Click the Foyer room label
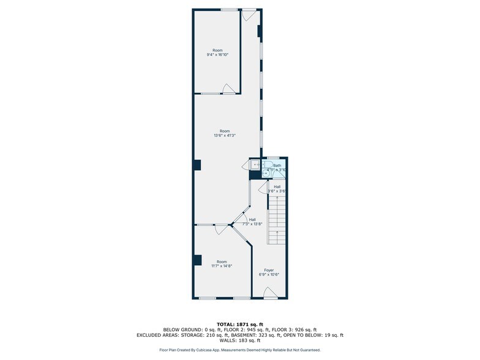point(269,270)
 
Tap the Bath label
point(277,165)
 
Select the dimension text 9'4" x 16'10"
point(217,54)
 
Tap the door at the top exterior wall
point(249,13)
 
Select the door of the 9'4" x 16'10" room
point(228,89)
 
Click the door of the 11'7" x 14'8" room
point(220,230)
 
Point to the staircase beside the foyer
point(277,220)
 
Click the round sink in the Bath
point(266,173)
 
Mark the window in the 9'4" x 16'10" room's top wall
point(229,9)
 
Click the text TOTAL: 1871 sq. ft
point(240,323)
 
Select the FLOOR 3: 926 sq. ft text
point(297,329)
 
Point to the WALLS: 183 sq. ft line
point(240,340)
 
